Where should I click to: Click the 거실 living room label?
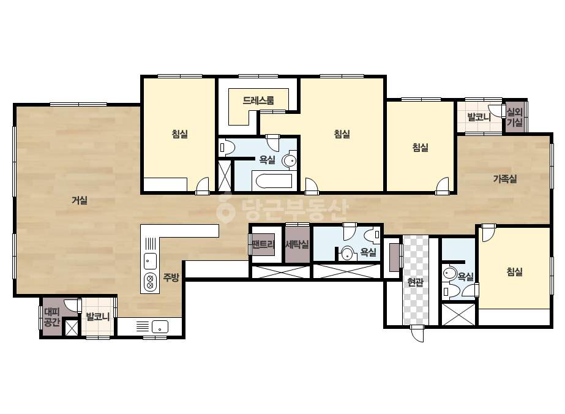click(x=80, y=200)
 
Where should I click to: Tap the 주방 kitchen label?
click(x=171, y=277)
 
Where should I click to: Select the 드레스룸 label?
click(x=258, y=100)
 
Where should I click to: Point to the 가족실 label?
click(x=505, y=178)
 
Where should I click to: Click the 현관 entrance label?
click(x=415, y=282)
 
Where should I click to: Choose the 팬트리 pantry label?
click(x=263, y=244)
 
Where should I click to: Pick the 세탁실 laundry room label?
click(x=297, y=244)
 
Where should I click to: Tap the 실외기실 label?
click(x=515, y=117)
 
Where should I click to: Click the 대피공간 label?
click(x=51, y=317)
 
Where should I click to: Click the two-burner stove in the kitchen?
click(x=150, y=282)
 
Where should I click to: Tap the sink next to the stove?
click(x=150, y=261)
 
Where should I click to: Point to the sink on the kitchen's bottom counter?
click(x=160, y=326)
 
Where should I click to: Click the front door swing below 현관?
click(x=417, y=333)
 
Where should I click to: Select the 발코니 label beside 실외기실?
click(x=479, y=117)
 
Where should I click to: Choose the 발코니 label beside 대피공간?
click(x=98, y=317)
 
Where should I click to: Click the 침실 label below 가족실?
click(x=514, y=271)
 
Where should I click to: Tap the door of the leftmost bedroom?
click(x=203, y=186)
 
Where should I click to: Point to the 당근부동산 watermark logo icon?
click(x=225, y=208)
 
